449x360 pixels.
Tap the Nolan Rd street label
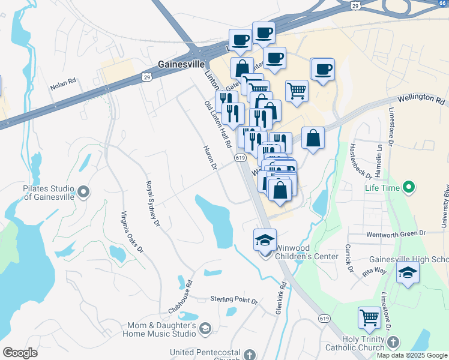(x=63, y=84)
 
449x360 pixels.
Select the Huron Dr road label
(x=209, y=158)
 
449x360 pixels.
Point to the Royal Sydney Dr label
(x=152, y=204)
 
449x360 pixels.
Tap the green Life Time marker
(x=410, y=188)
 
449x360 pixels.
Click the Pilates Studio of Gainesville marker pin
(x=83, y=192)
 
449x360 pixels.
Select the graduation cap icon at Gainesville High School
(x=408, y=272)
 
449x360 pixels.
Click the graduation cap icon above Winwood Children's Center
(x=265, y=240)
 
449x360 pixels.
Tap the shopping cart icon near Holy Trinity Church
(x=369, y=318)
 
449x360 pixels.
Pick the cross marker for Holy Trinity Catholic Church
(x=393, y=343)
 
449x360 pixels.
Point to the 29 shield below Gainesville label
(x=146, y=76)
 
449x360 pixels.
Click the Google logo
(x=20, y=353)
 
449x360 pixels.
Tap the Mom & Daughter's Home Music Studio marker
(x=205, y=328)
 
